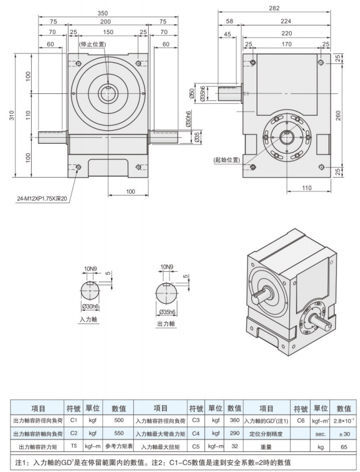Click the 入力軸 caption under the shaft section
click(88, 320)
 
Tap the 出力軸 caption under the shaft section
click(165, 323)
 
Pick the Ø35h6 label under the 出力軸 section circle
click(167, 311)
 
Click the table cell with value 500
click(119, 420)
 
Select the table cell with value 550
click(119, 433)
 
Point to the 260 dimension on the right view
click(337, 116)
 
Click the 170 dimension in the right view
click(287, 43)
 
